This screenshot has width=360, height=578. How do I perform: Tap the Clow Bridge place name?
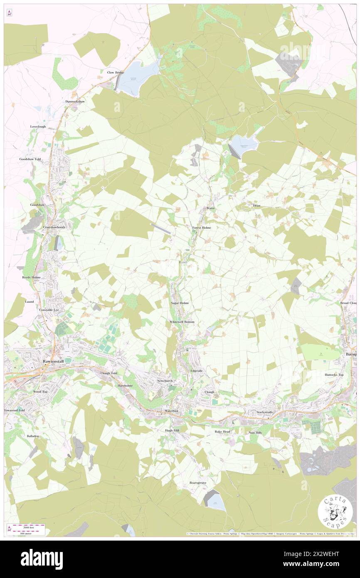[116, 72]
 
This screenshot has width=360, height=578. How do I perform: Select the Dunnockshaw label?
[75, 101]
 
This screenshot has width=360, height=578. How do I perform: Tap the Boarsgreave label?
[198, 482]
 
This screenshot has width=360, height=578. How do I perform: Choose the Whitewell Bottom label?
[182, 322]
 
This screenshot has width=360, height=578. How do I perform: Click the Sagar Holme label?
[180, 303]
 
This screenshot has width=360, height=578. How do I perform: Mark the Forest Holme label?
[202, 228]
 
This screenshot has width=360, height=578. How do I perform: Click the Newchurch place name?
[165, 381]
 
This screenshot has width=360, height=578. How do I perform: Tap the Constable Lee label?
[49, 310]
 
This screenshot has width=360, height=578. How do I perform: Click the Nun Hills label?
[255, 432]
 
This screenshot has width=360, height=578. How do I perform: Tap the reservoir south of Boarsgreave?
[215, 501]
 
